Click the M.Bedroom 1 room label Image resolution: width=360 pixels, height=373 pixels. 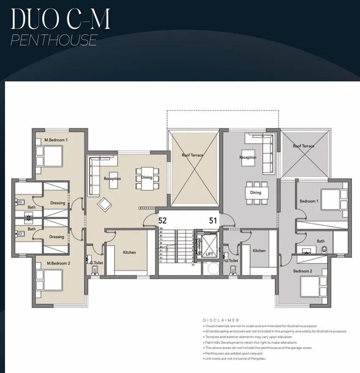point(56,140)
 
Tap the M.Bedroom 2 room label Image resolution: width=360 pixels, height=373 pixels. point(58,263)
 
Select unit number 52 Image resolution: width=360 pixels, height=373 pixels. point(162,221)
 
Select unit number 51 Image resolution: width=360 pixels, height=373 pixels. point(213,221)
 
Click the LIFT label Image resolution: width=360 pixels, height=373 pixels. point(209,254)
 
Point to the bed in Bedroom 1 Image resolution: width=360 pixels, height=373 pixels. point(334,198)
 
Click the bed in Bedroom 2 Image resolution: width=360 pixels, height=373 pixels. point(313,287)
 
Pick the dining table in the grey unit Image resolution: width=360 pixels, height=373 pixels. point(256,192)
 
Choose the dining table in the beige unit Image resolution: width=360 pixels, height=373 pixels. point(147,178)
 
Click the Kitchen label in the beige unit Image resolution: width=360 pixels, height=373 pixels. point(129,252)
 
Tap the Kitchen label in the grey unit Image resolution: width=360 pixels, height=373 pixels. point(259,251)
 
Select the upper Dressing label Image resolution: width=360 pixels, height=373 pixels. point(58,203)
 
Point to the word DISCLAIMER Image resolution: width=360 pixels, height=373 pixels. point(221,320)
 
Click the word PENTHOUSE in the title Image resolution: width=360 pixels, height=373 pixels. point(54,40)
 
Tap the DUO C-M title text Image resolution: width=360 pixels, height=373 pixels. point(61,19)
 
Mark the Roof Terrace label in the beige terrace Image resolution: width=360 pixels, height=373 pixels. point(193,155)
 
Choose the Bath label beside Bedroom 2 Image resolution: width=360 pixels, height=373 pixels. point(320,241)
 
